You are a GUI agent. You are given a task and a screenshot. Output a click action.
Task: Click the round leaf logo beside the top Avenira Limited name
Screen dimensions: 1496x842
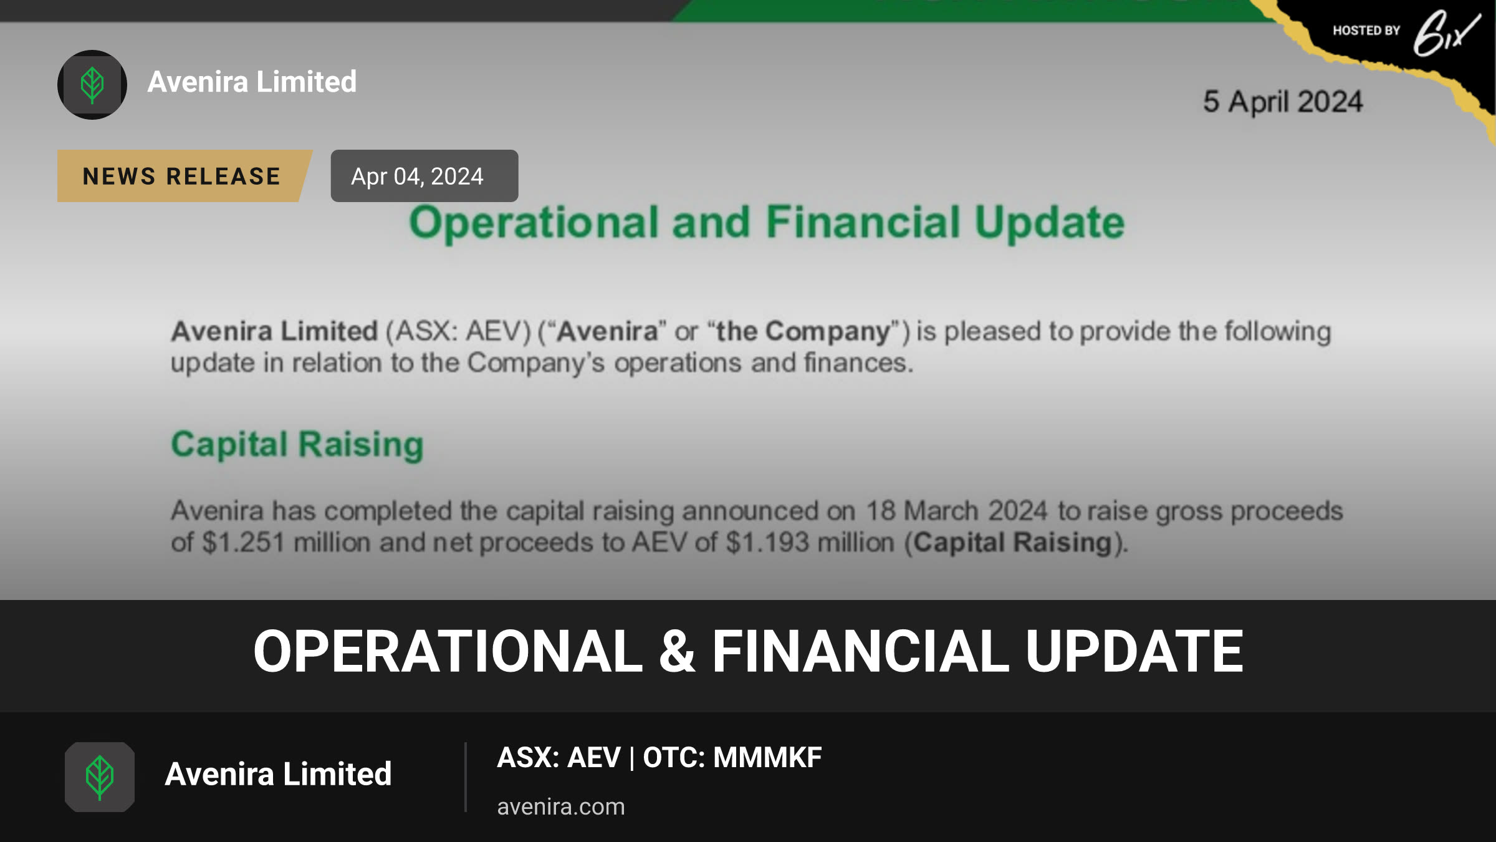(92, 85)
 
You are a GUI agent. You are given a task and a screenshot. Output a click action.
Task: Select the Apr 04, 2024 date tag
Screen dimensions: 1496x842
(424, 176)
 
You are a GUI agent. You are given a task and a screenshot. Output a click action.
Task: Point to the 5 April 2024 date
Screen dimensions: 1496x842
(1283, 102)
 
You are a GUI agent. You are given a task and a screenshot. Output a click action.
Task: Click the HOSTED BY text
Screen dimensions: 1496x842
(1366, 31)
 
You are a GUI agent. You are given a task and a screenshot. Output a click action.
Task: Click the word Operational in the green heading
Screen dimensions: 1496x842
(534, 223)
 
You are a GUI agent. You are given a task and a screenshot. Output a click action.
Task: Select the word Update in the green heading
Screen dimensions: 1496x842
(1050, 223)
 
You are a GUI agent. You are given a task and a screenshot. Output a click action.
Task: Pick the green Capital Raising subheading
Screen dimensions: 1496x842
(297, 445)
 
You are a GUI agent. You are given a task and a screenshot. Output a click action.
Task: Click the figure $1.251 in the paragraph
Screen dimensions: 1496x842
(243, 542)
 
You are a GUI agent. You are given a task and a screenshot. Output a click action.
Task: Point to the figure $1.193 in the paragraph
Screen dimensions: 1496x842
(767, 542)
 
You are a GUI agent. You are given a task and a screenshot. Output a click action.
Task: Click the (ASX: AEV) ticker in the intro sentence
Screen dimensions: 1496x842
(458, 331)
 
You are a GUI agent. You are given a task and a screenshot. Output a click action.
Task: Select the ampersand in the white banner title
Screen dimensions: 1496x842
(677, 651)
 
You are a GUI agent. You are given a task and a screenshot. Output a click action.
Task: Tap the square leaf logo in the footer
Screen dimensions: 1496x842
(100, 777)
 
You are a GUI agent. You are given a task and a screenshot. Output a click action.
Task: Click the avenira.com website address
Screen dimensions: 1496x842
(561, 807)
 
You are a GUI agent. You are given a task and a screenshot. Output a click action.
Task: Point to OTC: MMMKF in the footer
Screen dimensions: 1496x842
(732, 758)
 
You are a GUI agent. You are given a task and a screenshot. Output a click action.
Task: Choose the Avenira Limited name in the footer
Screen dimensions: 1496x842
(278, 774)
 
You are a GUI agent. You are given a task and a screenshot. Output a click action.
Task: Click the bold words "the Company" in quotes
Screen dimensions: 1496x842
(803, 331)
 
